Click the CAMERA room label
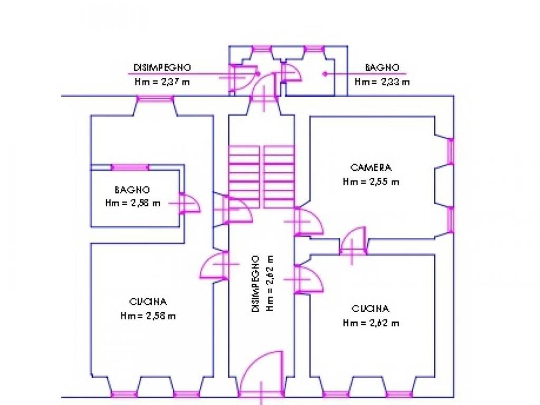[371, 168]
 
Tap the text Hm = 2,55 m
[371, 182]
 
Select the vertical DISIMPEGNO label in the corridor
[256, 284]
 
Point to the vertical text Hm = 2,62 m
[269, 284]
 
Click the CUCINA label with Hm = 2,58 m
[148, 302]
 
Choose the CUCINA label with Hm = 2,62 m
[371, 308]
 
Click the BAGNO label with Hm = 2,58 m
[132, 190]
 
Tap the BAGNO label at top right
[382, 67]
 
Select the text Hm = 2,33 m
[382, 82]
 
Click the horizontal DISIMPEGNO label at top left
[162, 67]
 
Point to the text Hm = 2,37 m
[162, 82]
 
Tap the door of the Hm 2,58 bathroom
[188, 204]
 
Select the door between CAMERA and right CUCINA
[353, 241]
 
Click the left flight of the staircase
[244, 177]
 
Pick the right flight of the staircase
[279, 177]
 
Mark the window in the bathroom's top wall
[130, 167]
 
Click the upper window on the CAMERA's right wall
[451, 152]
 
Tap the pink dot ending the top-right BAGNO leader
[325, 74]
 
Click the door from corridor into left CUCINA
[215, 265]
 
